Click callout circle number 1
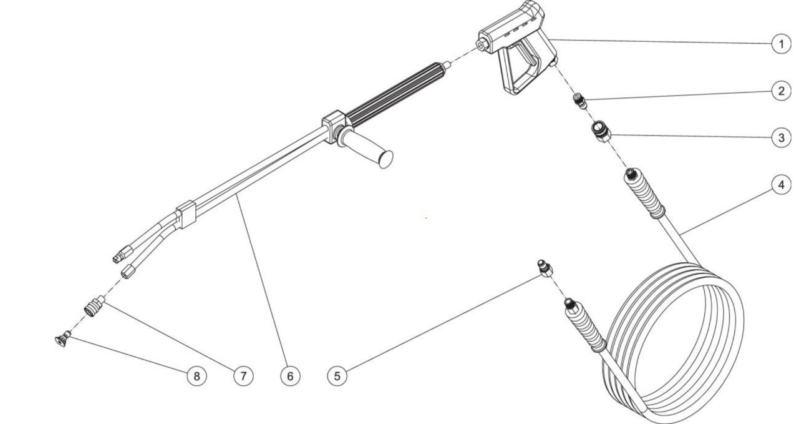[781, 44]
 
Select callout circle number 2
[781, 91]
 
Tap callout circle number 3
[781, 137]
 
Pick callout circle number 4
[781, 185]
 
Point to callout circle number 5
[337, 375]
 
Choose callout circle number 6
[290, 375]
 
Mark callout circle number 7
[243, 375]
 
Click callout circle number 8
[196, 375]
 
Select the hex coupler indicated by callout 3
[601, 132]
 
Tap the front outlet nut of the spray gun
[482, 46]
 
